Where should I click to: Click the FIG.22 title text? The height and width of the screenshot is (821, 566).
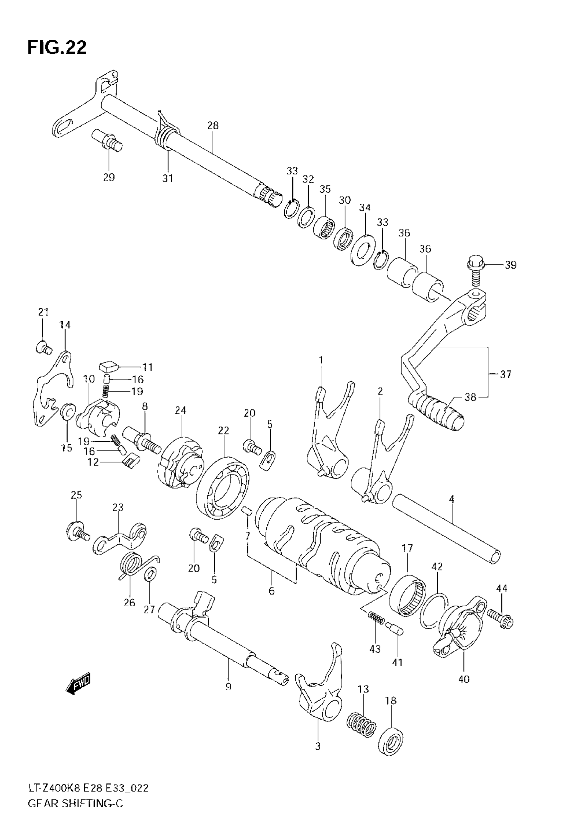point(57,47)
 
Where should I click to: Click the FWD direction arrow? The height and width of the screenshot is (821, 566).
point(78,684)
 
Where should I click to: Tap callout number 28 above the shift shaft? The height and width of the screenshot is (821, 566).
point(213,125)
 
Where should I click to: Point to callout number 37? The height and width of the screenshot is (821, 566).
point(506,374)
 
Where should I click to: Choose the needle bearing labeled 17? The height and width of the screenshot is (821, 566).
point(408,595)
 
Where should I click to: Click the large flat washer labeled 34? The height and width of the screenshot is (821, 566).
point(363,250)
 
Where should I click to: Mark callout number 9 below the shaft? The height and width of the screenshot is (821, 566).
point(228,686)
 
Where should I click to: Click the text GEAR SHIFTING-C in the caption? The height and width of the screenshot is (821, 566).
point(75,803)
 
